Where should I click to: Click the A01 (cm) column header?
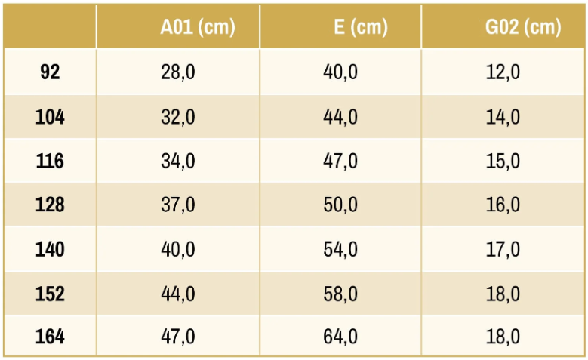[198, 27]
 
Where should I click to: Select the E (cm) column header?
[361, 27]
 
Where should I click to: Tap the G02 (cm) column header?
[523, 27]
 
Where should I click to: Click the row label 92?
[50, 72]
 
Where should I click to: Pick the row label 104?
[50, 117]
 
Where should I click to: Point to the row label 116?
[50, 161]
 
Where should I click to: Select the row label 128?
[50, 205]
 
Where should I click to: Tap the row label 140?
[50, 249]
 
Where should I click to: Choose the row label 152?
[50, 294]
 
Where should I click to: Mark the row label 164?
[50, 337]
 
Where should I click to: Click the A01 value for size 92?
[177, 72]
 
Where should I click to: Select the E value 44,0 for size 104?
[340, 118]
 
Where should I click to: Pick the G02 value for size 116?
[503, 162]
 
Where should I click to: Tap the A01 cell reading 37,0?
[177, 205]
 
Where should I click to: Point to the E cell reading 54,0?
[340, 250]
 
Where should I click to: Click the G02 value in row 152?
[503, 294]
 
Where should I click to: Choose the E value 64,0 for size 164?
[340, 337]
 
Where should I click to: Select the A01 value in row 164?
[177, 337]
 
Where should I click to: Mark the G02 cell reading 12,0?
[503, 72]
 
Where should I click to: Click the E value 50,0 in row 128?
[340, 205]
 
